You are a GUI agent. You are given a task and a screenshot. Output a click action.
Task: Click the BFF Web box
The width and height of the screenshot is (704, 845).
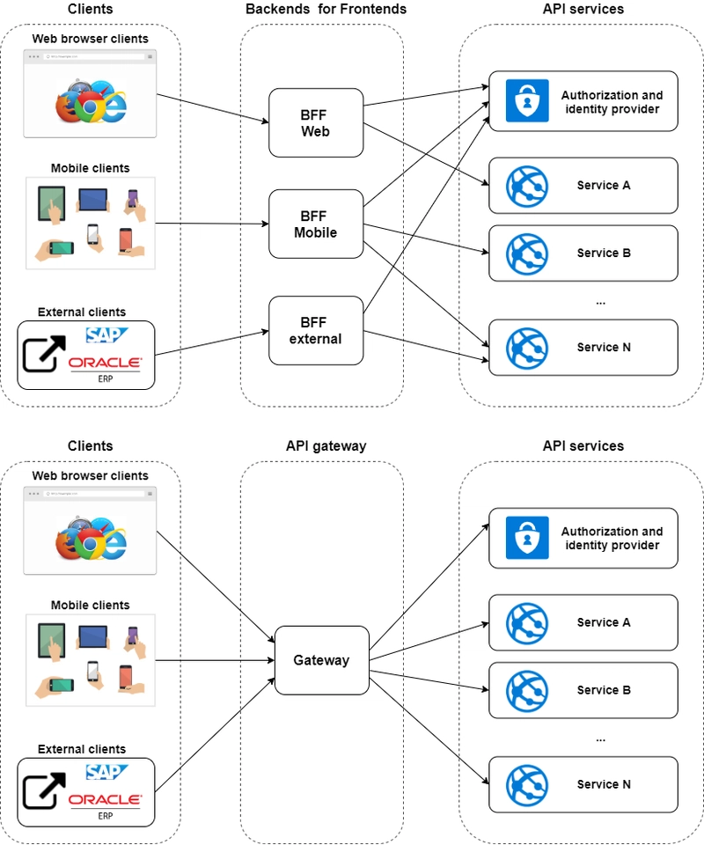[x=316, y=123]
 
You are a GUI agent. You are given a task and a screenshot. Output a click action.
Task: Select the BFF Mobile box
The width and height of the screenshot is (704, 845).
[x=316, y=224]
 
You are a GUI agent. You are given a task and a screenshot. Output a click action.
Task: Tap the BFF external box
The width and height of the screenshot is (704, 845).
[x=316, y=331]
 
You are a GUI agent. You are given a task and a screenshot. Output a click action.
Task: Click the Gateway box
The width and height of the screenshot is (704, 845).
[x=321, y=660]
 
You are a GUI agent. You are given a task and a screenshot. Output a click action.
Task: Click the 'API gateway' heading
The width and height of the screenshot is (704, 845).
[x=326, y=446]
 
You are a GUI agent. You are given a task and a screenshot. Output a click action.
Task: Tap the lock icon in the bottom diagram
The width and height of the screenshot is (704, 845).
[x=527, y=538]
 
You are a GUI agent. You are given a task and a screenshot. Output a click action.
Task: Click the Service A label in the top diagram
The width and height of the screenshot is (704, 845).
[x=604, y=186]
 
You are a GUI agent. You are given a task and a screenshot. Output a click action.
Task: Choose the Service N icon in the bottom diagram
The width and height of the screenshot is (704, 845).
[x=527, y=785]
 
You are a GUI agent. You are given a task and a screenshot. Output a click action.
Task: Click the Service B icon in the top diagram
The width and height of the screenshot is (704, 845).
[x=527, y=253]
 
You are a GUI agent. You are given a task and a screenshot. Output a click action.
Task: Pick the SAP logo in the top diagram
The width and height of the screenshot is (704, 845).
[x=106, y=334]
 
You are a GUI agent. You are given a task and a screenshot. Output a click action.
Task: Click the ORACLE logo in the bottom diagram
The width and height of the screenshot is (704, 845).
[x=105, y=800]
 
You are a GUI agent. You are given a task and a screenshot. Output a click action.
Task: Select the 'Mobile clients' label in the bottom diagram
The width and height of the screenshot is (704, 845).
[x=90, y=606]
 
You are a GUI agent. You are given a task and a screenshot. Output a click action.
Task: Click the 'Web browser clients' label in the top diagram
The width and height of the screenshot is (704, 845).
[x=90, y=39]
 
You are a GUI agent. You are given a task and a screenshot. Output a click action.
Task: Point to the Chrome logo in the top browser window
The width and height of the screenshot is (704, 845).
[x=88, y=107]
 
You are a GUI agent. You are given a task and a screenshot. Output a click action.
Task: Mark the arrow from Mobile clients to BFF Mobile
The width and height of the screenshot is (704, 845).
[x=211, y=224]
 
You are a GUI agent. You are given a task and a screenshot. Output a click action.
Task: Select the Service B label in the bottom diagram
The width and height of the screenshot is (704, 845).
[x=604, y=690]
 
